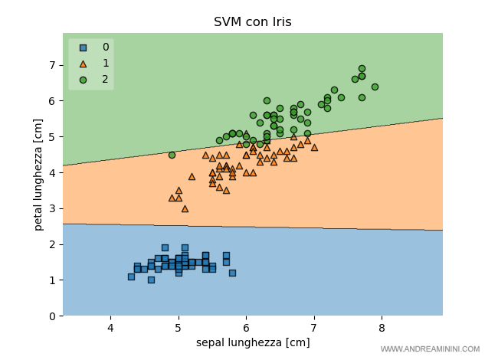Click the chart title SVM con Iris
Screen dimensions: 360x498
[x=252, y=22]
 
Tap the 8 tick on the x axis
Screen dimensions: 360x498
[x=382, y=328]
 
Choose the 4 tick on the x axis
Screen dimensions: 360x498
[x=110, y=328]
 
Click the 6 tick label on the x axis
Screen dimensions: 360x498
[x=246, y=328]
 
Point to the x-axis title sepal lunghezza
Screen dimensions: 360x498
[x=252, y=342]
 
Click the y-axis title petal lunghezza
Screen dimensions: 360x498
[x=38, y=175]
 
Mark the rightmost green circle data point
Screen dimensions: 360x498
[x=375, y=87]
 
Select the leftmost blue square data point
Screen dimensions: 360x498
[x=131, y=277]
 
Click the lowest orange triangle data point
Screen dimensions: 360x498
[x=185, y=208]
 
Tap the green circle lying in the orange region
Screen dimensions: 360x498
[x=172, y=155]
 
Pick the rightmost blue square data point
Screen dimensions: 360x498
[x=232, y=273]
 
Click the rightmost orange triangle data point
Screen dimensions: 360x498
[x=314, y=147]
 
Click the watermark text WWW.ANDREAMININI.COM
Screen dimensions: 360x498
[x=434, y=349]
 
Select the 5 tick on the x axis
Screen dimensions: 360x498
[x=179, y=328]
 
